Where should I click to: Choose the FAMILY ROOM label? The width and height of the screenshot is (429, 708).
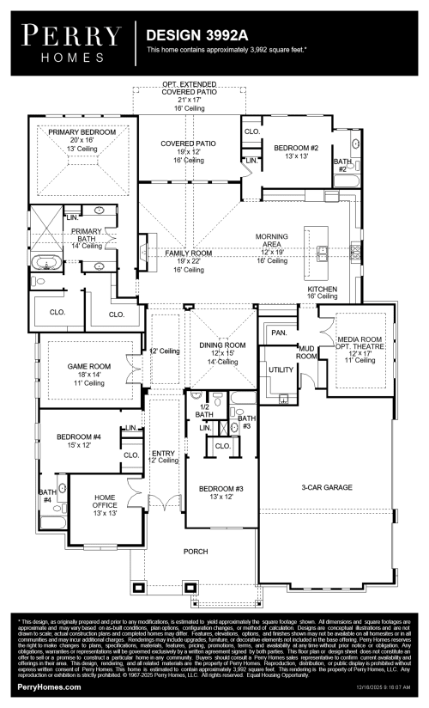pyautogui.click(x=188, y=253)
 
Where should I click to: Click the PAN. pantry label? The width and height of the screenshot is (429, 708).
pyautogui.click(x=278, y=331)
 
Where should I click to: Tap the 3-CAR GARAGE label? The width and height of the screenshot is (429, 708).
pyautogui.click(x=327, y=487)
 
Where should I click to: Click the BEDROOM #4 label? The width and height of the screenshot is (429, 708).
pyautogui.click(x=79, y=437)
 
